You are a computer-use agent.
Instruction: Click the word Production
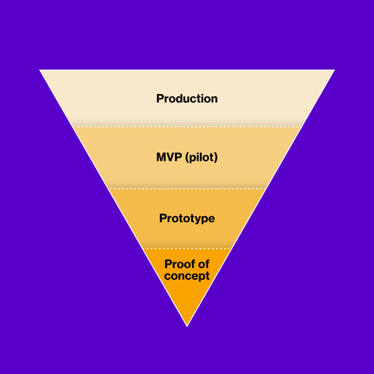pyautogui.click(x=187, y=99)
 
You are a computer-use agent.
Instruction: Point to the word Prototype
pyautogui.click(x=187, y=218)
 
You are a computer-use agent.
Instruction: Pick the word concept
pyautogui.click(x=187, y=275)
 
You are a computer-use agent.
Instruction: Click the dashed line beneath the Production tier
pyautogui.click(x=187, y=127)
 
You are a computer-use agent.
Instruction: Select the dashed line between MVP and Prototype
pyautogui.click(x=187, y=188)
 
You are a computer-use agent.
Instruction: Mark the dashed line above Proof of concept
pyautogui.click(x=187, y=248)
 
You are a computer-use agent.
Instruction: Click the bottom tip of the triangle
pyautogui.click(x=187, y=325)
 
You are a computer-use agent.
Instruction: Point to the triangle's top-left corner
pyautogui.click(x=40, y=70)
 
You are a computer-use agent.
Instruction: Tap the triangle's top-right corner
pyautogui.click(x=334, y=70)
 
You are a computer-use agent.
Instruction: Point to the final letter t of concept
pyautogui.click(x=208, y=276)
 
